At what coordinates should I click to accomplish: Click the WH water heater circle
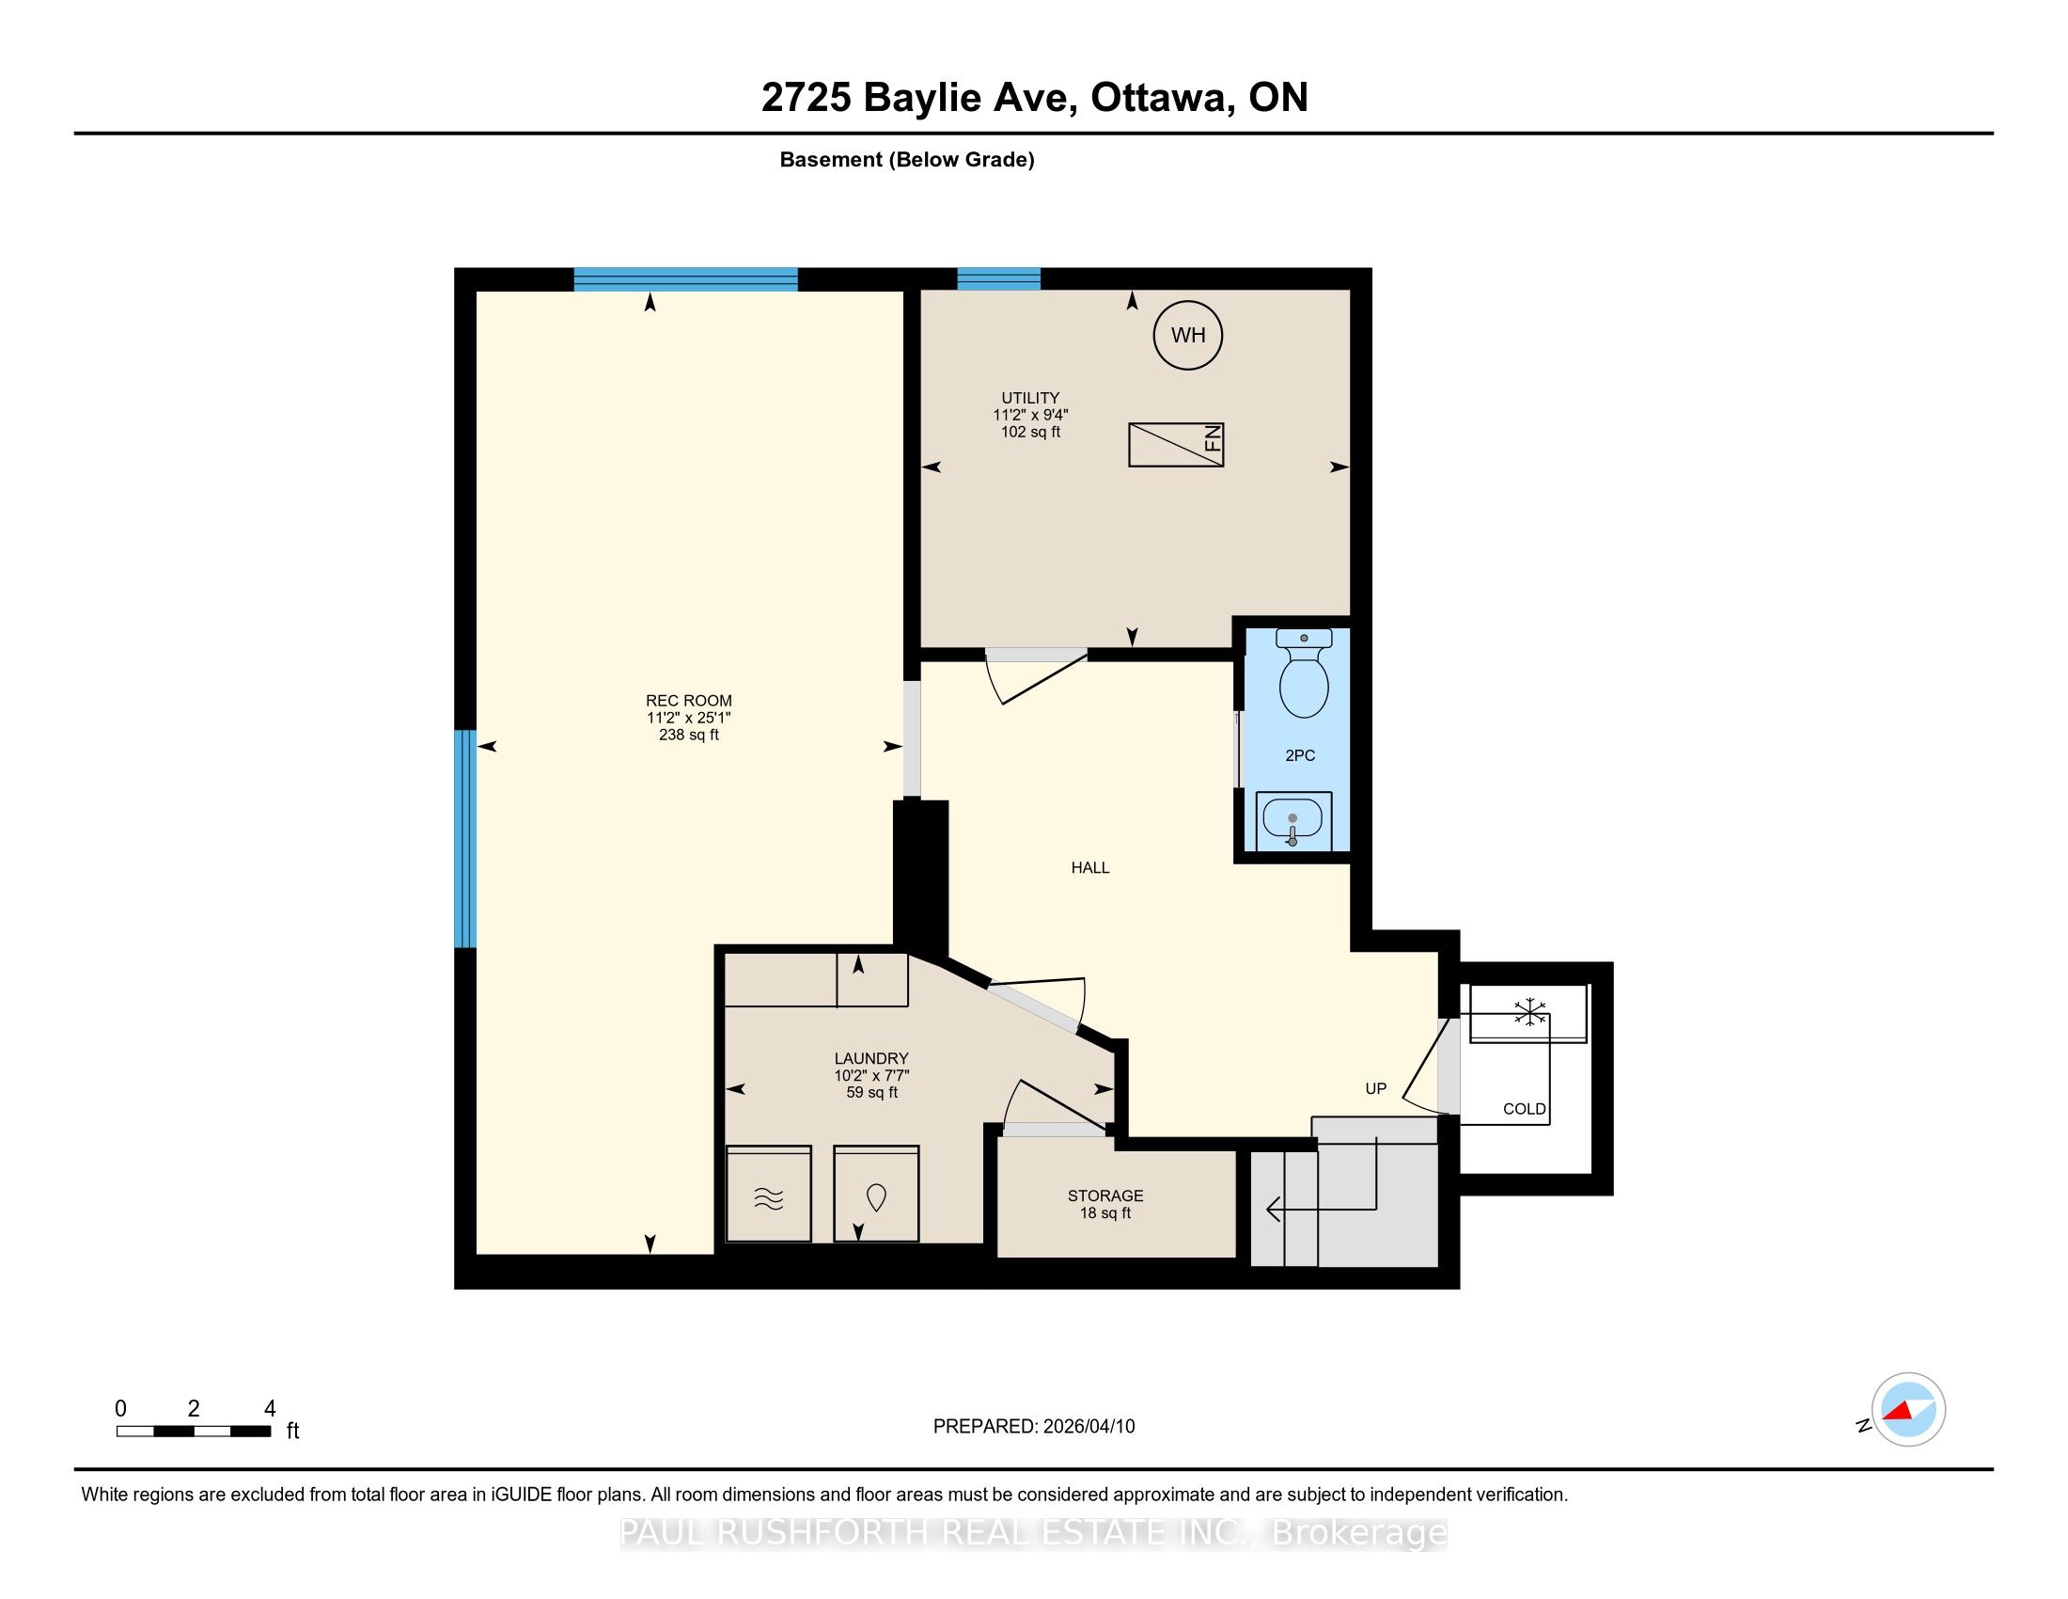(1187, 335)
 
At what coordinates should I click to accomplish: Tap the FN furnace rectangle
(1176, 444)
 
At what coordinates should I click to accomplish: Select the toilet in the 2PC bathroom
(1304, 673)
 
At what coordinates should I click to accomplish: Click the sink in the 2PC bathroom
(1293, 821)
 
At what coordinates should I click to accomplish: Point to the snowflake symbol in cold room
(1529, 1012)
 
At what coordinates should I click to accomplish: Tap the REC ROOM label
(688, 701)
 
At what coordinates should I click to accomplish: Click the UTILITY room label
(1030, 398)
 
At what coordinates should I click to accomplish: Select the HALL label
(1089, 867)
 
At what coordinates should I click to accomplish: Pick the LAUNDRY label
(871, 1058)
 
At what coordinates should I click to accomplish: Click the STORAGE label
(1105, 1195)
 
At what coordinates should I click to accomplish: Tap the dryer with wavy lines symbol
(768, 1194)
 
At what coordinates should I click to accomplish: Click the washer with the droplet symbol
(876, 1194)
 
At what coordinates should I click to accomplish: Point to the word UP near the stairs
(1375, 1088)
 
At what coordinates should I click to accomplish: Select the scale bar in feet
(195, 1431)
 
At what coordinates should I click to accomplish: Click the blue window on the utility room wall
(998, 278)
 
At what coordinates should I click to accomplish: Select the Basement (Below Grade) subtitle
(906, 159)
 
